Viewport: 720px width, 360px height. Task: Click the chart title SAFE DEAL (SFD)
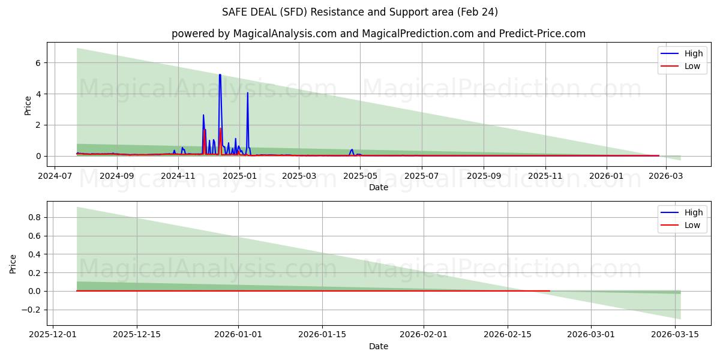click(360, 12)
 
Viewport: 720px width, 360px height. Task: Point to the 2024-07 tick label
click(55, 176)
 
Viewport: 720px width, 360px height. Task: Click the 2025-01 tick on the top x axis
click(239, 176)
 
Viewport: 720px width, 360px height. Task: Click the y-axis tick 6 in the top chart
click(38, 62)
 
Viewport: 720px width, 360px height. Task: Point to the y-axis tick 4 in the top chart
click(38, 94)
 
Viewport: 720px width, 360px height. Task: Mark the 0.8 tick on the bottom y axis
click(34, 217)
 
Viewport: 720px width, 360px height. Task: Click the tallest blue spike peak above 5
click(220, 75)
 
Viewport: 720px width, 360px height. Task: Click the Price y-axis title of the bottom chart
click(13, 263)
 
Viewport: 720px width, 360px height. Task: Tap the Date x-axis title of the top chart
click(379, 187)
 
